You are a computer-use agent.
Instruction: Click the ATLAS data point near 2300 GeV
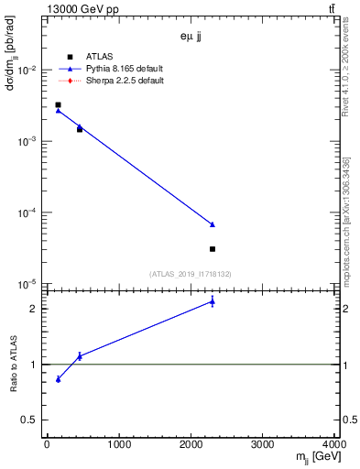click(213, 249)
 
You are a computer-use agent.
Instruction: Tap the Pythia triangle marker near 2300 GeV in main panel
click(213, 224)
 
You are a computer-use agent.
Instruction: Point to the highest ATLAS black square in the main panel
click(58, 105)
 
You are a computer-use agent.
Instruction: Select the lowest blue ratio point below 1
click(58, 379)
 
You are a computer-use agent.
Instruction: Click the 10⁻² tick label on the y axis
click(27, 71)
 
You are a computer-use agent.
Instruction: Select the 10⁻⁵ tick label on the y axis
click(27, 284)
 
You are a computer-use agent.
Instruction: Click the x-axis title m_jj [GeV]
click(313, 458)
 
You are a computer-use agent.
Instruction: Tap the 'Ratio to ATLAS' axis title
click(12, 365)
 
